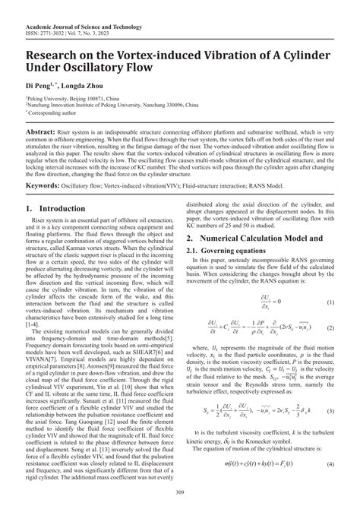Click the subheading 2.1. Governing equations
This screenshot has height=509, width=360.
tap(226, 251)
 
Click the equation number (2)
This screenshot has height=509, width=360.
tap(331, 328)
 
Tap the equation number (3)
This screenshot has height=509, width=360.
tap(331, 411)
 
